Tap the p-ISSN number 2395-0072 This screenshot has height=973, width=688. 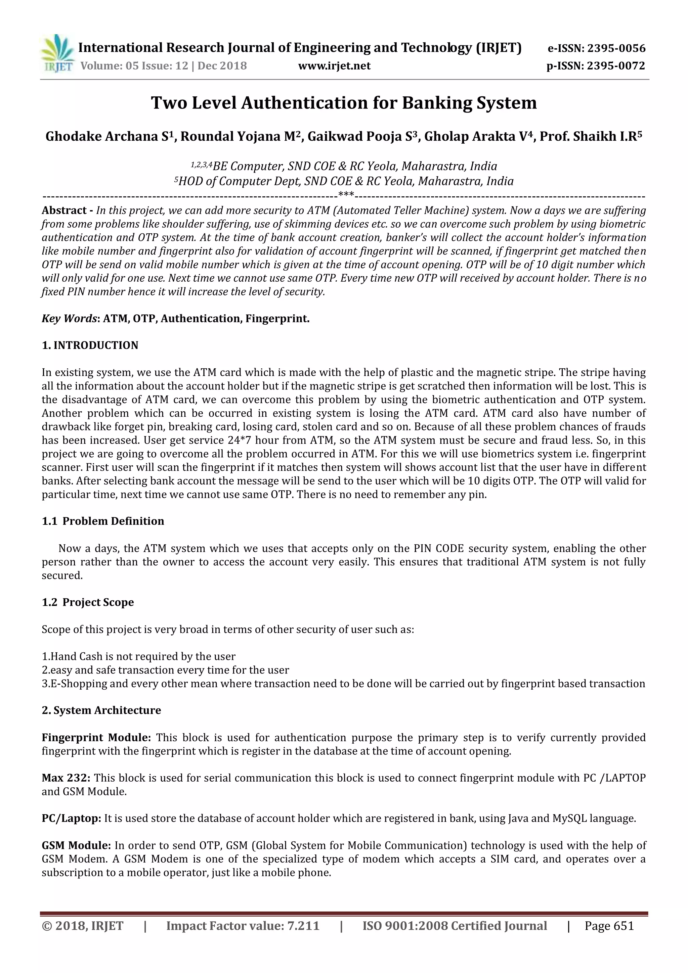(616, 66)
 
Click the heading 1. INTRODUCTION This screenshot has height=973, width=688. (90, 345)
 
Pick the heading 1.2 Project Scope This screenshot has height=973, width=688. (88, 602)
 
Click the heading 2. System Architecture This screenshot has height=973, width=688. (101, 710)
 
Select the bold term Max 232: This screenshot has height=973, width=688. (66, 778)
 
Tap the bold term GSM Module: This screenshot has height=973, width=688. (76, 845)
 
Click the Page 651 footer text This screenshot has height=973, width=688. (609, 926)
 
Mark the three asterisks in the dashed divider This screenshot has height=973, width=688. (346, 195)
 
